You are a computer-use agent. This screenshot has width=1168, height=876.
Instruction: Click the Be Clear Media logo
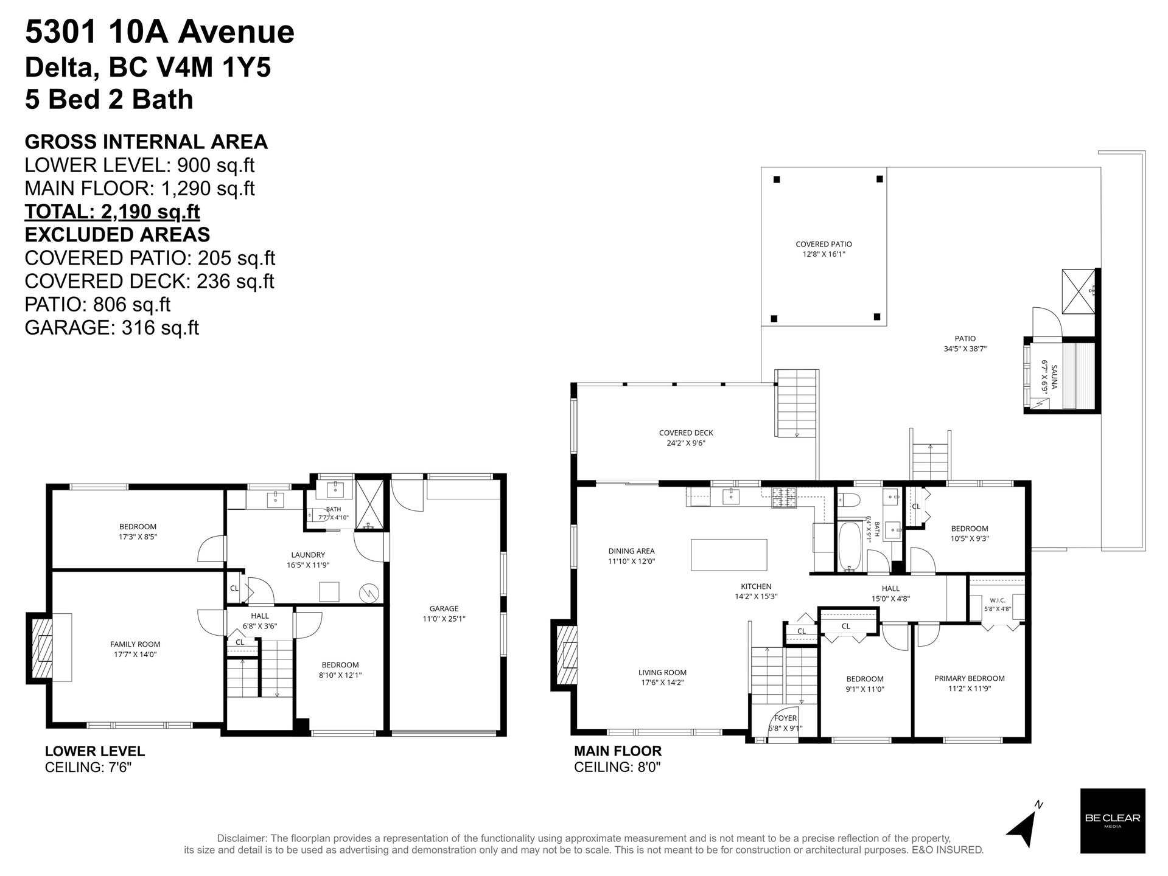1112,821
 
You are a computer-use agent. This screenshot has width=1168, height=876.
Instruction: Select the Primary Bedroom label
969,678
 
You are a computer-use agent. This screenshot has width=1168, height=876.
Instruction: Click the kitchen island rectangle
729,554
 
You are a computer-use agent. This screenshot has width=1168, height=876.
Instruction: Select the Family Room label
135,644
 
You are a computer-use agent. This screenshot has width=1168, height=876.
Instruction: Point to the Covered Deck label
686,433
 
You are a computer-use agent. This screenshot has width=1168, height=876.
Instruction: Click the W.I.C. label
997,600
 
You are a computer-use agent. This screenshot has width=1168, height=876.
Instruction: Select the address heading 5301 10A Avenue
159,32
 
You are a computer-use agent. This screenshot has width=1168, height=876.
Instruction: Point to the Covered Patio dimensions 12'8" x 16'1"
824,254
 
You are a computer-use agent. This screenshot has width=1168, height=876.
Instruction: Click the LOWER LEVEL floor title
95,751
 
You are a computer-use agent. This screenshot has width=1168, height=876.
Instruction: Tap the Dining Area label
632,551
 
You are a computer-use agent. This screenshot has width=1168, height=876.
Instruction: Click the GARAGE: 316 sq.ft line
112,327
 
